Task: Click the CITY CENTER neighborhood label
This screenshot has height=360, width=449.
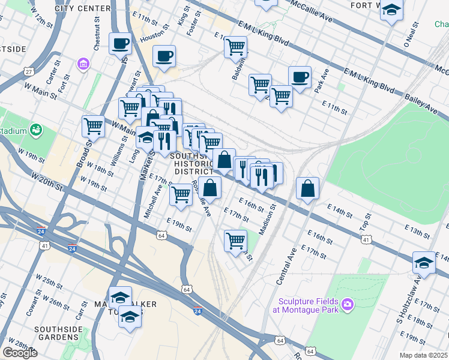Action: (82, 8)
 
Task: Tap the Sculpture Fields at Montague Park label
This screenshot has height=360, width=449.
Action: (307, 305)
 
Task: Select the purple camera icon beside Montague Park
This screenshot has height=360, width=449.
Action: (347, 306)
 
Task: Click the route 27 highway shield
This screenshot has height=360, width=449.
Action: (28, 71)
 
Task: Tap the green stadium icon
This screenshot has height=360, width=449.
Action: (37, 130)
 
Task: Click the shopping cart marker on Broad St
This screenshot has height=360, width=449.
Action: (93, 127)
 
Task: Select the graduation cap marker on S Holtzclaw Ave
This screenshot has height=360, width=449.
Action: (424, 263)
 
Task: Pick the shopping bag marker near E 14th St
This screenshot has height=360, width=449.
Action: (307, 188)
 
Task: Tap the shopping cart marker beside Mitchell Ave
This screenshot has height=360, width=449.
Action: (181, 194)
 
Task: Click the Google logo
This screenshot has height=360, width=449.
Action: (20, 352)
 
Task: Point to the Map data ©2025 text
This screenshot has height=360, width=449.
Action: (423, 355)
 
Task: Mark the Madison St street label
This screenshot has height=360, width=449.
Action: (267, 220)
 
